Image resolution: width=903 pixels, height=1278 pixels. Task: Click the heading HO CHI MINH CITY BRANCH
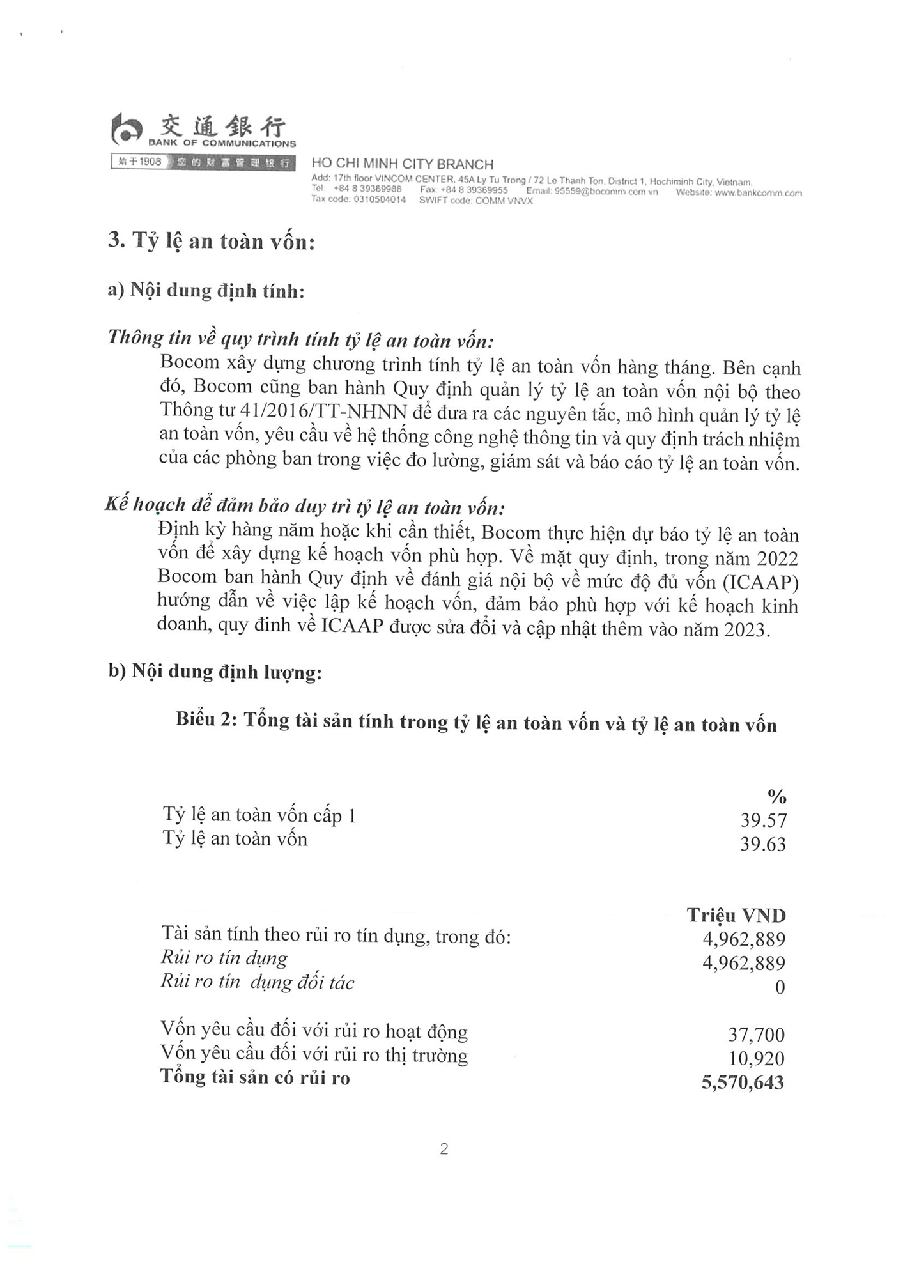tap(402, 164)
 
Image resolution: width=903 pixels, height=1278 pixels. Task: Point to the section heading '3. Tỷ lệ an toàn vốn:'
tap(212, 241)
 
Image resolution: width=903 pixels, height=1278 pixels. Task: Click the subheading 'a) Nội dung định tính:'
tap(206, 291)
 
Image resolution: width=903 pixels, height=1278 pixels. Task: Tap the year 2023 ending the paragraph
tap(745, 629)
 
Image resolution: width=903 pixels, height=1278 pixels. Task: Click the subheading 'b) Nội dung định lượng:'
tap(215, 672)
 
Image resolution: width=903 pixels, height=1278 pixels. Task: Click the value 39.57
tap(763, 820)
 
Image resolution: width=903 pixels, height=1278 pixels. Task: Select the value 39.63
tap(763, 844)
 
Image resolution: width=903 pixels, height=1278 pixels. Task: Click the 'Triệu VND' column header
tap(736, 915)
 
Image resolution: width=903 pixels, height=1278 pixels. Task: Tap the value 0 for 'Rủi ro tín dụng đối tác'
tap(780, 987)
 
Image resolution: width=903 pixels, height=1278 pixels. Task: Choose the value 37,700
tap(756, 1035)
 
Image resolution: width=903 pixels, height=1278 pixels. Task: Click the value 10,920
tap(756, 1058)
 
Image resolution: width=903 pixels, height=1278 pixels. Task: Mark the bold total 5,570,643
tap(743, 1082)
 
